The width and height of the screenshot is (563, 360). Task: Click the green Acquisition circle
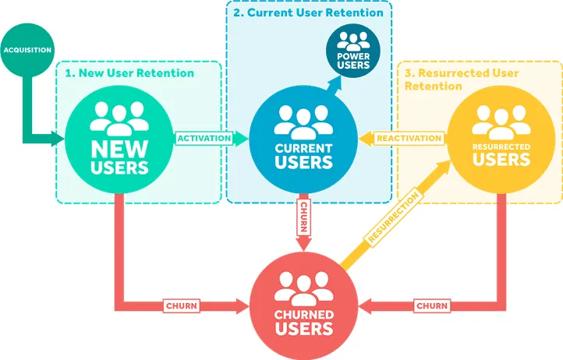coord(27,50)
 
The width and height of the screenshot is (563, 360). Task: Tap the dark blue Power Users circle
coord(353,51)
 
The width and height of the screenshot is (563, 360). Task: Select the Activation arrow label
coord(204,138)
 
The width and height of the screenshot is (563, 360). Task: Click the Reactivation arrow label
coord(409,138)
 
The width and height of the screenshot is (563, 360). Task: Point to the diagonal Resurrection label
coord(394,219)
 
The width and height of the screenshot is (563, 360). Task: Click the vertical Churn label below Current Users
coord(303,217)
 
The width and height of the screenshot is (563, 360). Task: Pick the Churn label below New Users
coord(182,305)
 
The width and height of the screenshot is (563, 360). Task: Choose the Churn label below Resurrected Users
coord(432,305)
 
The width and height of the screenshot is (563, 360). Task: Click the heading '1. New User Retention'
coord(129,73)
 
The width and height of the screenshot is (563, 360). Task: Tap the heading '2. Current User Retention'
coord(309,12)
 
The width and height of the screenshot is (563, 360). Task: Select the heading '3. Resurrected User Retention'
coord(462,79)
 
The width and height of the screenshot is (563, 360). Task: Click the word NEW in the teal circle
coord(119,149)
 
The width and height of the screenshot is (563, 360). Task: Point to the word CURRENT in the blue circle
coord(303,148)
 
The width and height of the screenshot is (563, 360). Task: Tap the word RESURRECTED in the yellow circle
coord(501,146)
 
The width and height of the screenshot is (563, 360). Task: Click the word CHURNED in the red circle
coord(304,315)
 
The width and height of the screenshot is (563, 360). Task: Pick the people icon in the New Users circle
coord(119,118)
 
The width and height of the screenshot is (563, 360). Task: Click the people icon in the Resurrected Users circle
coord(501,122)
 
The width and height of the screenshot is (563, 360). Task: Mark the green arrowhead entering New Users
coord(58,139)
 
